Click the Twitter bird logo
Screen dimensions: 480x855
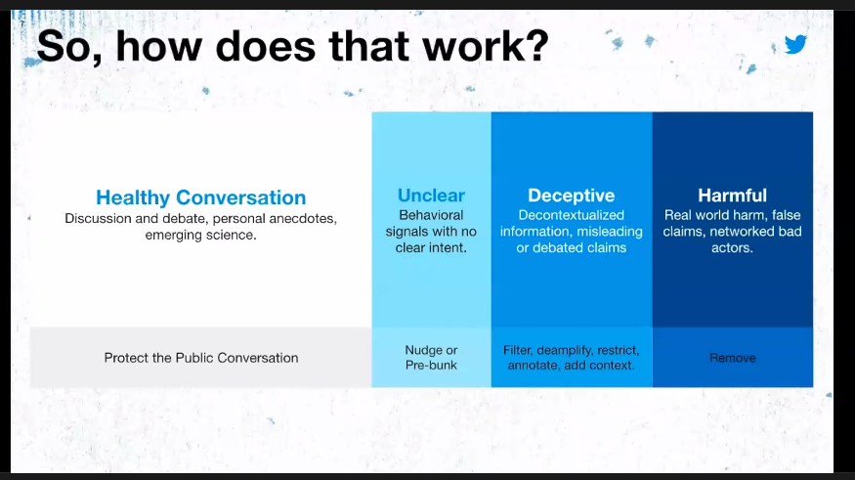pos(796,44)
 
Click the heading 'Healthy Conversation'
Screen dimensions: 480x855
pos(200,197)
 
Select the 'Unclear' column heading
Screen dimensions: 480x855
pos(431,195)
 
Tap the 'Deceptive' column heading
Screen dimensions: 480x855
pos(571,195)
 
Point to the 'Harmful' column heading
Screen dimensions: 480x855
pos(732,195)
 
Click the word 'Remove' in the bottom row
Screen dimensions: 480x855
pos(732,358)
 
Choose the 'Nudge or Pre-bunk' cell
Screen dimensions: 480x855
pos(431,358)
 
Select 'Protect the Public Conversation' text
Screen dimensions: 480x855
pos(200,358)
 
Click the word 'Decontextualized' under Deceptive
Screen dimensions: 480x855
pos(571,215)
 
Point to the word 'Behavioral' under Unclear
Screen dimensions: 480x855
pos(431,215)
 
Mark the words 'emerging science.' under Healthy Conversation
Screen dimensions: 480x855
pos(200,235)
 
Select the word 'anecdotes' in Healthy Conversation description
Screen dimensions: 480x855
pos(292,218)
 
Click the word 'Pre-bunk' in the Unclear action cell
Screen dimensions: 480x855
pos(431,366)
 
